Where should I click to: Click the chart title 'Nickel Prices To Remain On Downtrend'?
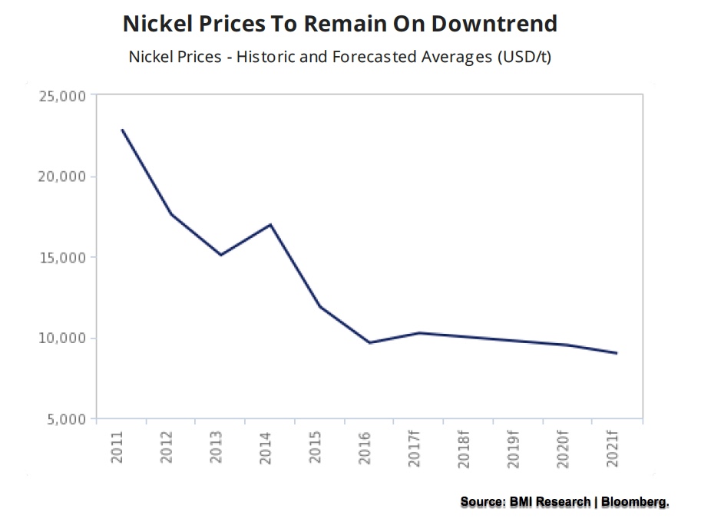pos(339,24)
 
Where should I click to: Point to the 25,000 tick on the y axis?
pos(64,96)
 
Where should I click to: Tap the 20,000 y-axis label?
pos(64,177)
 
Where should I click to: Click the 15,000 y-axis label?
pos(64,258)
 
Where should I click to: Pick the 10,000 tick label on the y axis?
pos(64,338)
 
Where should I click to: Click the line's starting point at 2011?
pos(122,130)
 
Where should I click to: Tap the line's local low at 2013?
pos(221,255)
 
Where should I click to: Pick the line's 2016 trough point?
pos(370,342)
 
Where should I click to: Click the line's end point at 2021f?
pos(617,353)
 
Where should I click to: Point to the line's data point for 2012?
pos(171,214)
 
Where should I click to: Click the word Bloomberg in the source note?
pos(634,501)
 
